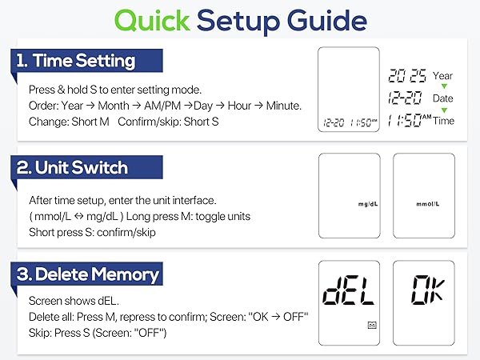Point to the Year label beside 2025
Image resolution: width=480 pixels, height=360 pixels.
(442, 76)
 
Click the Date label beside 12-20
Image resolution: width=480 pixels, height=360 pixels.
(442, 98)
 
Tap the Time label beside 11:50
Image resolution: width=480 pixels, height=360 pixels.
(442, 121)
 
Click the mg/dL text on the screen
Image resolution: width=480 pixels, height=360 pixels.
(368, 204)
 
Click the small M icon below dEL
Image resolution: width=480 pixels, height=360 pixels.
(372, 326)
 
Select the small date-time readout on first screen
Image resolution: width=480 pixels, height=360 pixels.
(350, 124)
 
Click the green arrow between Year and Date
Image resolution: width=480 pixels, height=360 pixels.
(442, 87)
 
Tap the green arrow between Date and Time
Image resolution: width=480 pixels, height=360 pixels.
(442, 110)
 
